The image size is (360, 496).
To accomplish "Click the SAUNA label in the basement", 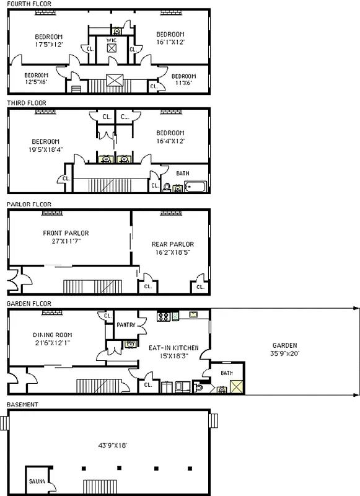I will tap(35, 481).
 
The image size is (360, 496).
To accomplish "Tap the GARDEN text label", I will tap(284, 345).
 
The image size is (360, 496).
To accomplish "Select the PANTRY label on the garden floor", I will tap(126, 324).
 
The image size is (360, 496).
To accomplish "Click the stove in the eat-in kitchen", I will tap(164, 316).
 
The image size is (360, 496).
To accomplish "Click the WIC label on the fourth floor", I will tap(112, 40).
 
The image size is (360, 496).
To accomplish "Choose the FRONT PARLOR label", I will tap(66, 233).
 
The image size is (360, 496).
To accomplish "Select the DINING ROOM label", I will tap(52, 335).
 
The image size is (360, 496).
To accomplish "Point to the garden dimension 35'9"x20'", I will tap(284, 353).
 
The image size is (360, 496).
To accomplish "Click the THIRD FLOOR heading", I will tap(26, 103).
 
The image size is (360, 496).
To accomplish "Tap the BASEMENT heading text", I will tap(22, 405).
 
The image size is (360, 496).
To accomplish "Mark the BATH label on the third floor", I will tap(183, 174).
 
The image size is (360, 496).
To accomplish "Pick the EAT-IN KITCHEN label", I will tap(173, 348).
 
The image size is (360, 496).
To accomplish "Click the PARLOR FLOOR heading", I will tap(29, 203).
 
